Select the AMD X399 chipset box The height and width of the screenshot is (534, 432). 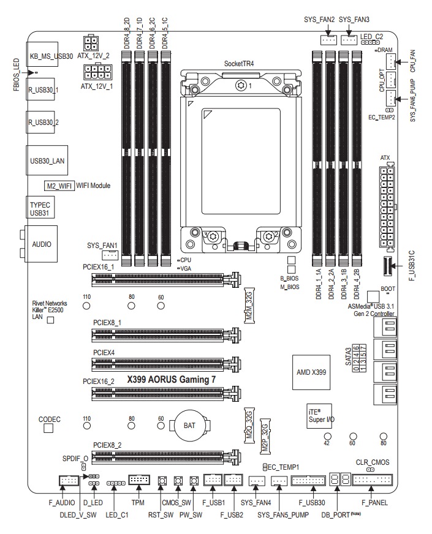click(x=310, y=372)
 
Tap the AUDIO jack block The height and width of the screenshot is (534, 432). click(x=41, y=244)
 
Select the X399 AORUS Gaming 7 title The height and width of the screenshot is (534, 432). click(x=171, y=380)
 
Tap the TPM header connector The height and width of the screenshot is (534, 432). click(x=137, y=480)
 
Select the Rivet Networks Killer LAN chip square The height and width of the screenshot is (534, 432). click(x=51, y=321)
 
